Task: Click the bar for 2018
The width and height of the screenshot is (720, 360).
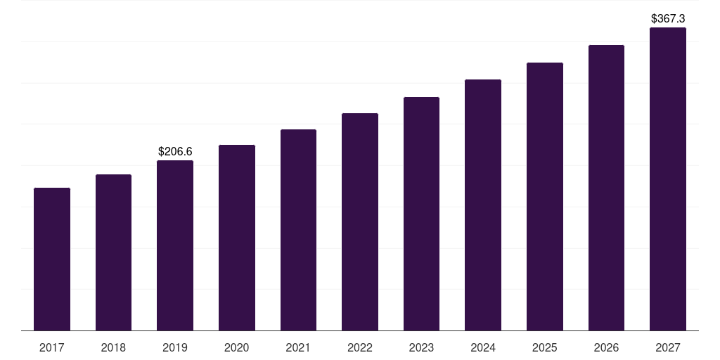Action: (113, 252)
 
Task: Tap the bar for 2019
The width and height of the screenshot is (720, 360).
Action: (175, 245)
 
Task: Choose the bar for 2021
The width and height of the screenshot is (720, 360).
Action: (298, 230)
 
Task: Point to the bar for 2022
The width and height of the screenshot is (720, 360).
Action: (360, 221)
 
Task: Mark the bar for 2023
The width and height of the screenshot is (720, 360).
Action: (421, 214)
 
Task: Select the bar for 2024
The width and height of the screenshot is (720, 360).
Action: (483, 205)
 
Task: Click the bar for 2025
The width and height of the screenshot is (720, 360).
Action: (545, 196)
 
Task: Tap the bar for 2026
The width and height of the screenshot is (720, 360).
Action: (606, 188)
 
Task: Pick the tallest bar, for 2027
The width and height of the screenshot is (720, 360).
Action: (668, 179)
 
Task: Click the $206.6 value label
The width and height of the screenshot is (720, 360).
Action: (175, 151)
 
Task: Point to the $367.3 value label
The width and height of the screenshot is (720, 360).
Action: (668, 18)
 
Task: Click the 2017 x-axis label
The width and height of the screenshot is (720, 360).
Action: (52, 347)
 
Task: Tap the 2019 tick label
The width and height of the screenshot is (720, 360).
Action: (175, 347)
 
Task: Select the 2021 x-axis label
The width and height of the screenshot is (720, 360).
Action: (298, 347)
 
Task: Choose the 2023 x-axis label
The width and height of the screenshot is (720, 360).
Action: (421, 347)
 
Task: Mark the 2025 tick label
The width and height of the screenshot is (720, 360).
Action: (545, 347)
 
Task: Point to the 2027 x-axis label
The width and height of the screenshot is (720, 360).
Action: (668, 347)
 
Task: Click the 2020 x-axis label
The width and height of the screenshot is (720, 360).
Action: (237, 347)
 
